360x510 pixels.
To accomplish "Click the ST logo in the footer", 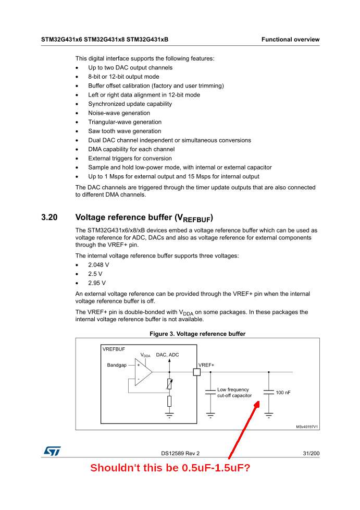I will [52, 451].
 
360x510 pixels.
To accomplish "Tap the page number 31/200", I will [311, 454].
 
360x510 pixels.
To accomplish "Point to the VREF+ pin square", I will [196, 372].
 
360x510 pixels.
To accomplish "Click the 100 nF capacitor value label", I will [283, 392].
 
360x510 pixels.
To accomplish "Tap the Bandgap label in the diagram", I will [117, 365].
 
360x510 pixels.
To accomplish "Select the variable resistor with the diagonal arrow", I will [169, 384].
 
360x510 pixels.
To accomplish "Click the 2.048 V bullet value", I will [98, 265].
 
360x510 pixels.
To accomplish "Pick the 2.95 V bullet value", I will [97, 283].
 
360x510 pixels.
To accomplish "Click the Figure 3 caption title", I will [197, 334].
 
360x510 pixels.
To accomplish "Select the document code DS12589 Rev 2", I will [180, 454].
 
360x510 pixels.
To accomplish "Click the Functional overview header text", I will [290, 40].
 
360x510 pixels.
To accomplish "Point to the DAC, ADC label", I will [167, 355].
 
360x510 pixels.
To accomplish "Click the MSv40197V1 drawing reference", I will [307, 427].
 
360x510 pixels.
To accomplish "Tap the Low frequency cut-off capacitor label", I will [234, 393].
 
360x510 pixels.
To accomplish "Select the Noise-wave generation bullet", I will [119, 113].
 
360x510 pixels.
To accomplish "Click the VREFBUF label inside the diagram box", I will [114, 349].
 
